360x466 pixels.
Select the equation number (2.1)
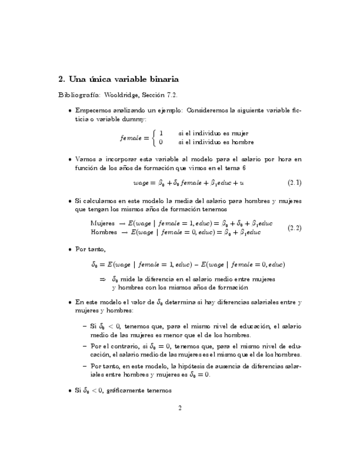pyautogui.click(x=294, y=182)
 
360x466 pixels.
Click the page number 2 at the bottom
pyautogui.click(x=180, y=408)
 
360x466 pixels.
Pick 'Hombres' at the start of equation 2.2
pyautogui.click(x=103, y=232)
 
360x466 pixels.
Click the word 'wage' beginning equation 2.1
pyautogui.click(x=141, y=182)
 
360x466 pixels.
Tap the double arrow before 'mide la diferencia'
pyautogui.click(x=102, y=279)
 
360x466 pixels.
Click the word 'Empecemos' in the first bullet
pyautogui.click(x=93, y=110)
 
